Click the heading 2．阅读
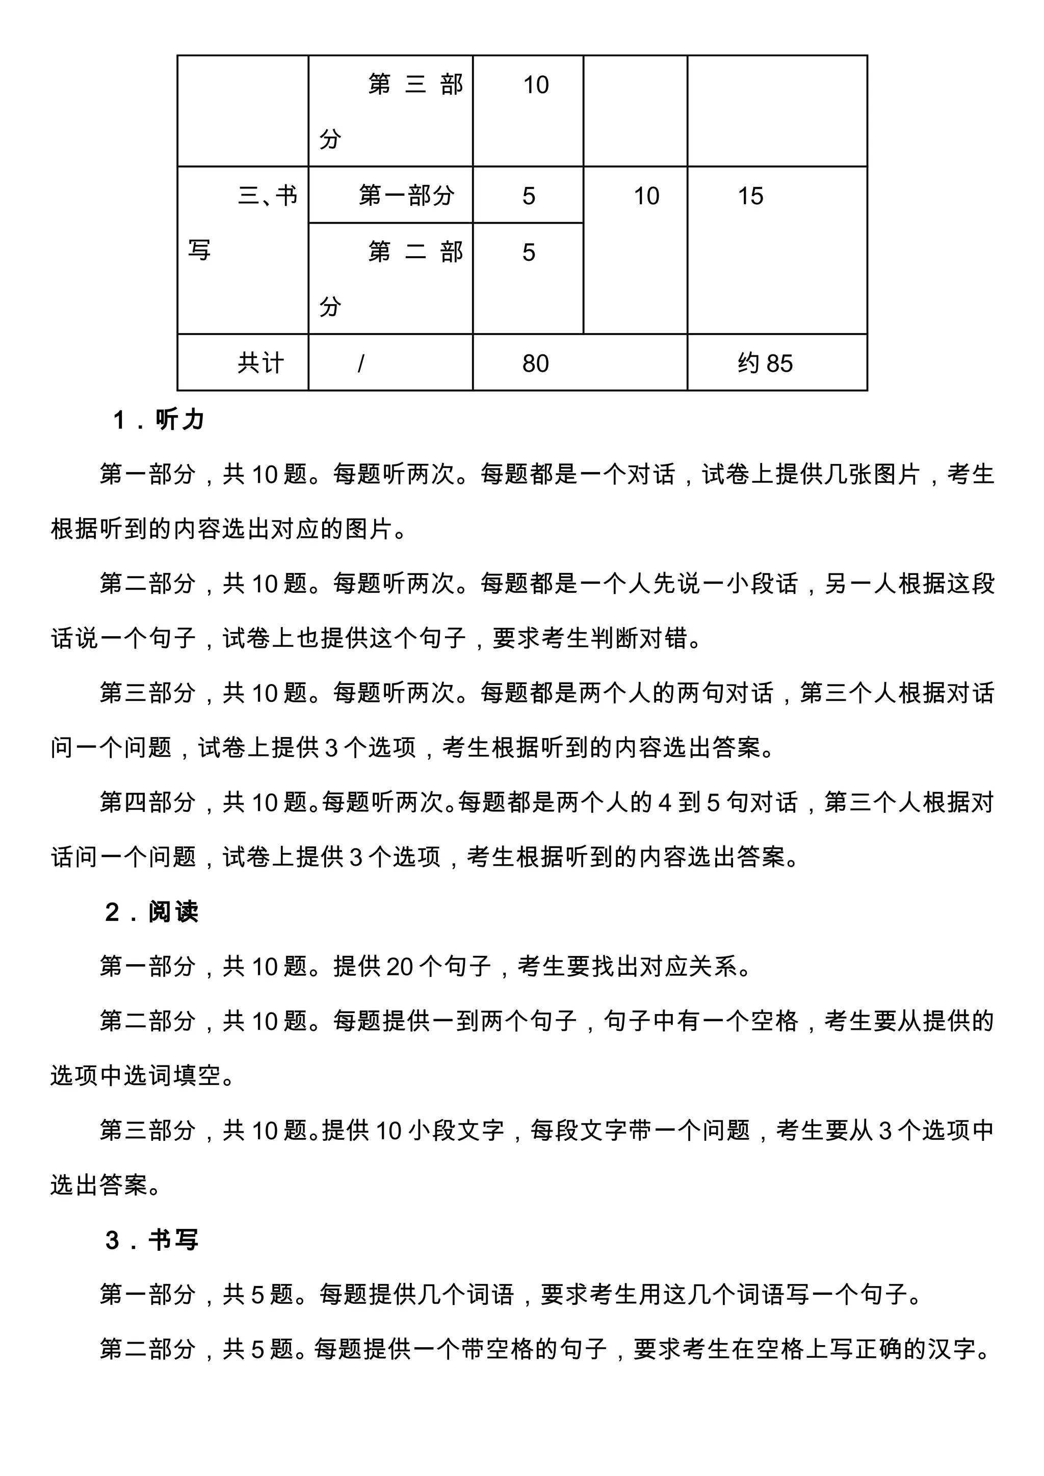point(152,912)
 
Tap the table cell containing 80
point(535,364)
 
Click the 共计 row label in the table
point(260,364)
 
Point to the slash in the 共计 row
point(361,364)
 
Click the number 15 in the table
point(750,196)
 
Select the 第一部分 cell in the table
point(406,196)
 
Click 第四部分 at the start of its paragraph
point(148,803)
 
